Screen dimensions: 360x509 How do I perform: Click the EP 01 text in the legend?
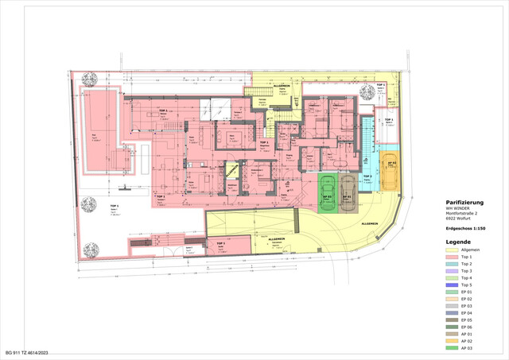[477, 292]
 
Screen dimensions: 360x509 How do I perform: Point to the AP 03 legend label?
[477, 348]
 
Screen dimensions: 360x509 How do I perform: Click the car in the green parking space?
[326, 192]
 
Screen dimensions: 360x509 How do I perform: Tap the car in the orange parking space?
[390, 170]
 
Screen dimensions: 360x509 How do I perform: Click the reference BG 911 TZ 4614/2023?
[31, 352]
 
